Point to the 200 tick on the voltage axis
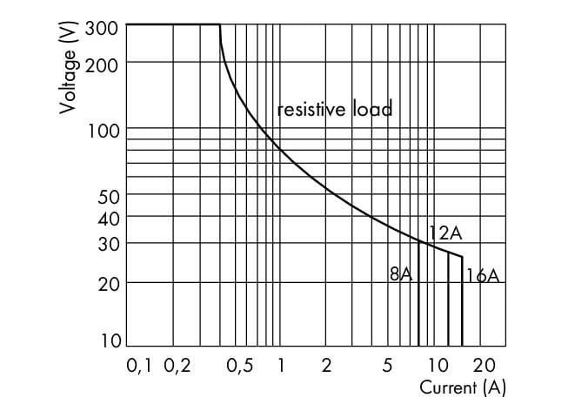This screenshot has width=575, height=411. point(108,64)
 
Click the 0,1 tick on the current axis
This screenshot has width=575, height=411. point(139,366)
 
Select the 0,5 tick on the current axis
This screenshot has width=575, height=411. point(240,366)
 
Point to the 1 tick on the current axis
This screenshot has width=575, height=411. point(281,366)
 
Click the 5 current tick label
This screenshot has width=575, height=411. point(387,366)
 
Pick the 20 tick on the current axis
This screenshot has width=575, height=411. point(485,366)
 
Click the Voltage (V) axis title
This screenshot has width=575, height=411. point(69,67)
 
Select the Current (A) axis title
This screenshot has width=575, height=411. point(462,387)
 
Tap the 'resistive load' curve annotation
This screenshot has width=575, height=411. point(335,110)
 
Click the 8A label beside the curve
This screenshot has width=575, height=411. point(401,274)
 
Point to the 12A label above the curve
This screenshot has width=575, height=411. point(445,233)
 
